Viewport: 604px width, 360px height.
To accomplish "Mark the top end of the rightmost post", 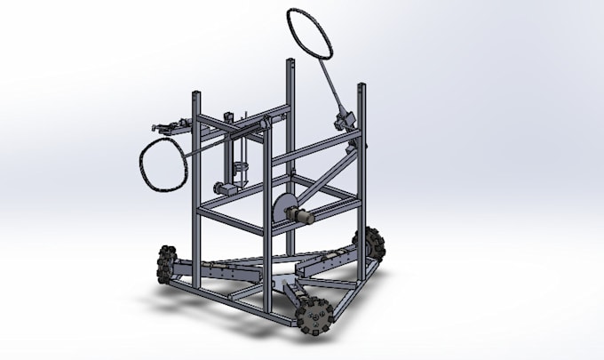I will [x=362, y=87].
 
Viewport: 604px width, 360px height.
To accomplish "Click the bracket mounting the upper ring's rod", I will [x=342, y=118].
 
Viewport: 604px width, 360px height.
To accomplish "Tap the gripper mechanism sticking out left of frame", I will [x=169, y=128].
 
